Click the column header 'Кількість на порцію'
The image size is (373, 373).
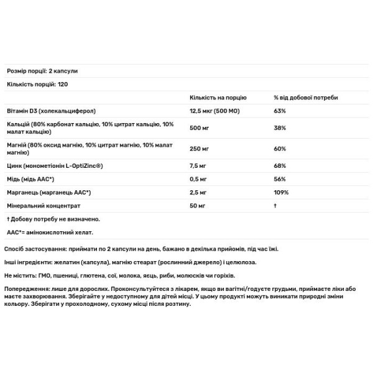[218, 98]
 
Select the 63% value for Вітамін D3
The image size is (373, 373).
[280, 111]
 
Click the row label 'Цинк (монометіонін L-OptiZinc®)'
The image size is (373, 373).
[53, 167]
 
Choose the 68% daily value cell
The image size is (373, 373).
[280, 167]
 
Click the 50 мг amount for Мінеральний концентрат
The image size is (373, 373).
[198, 205]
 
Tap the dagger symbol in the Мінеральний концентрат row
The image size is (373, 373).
[275, 205]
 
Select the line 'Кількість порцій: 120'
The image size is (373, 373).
[37, 84]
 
